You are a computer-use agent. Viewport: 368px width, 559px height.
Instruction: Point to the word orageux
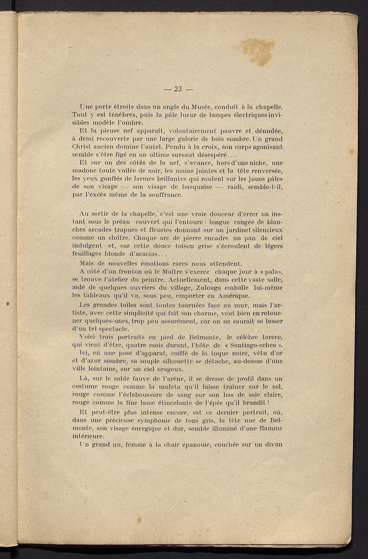tap(170, 369)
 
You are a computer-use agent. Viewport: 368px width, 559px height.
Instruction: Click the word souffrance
tap(166, 195)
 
